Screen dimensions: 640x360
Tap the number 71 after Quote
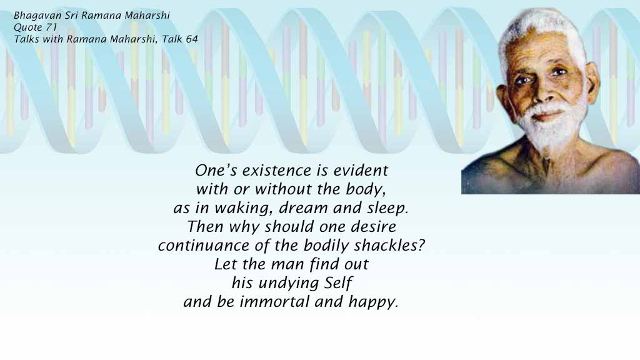pyautogui.click(x=51, y=27)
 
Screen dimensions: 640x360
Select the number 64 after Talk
pyautogui.click(x=192, y=39)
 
